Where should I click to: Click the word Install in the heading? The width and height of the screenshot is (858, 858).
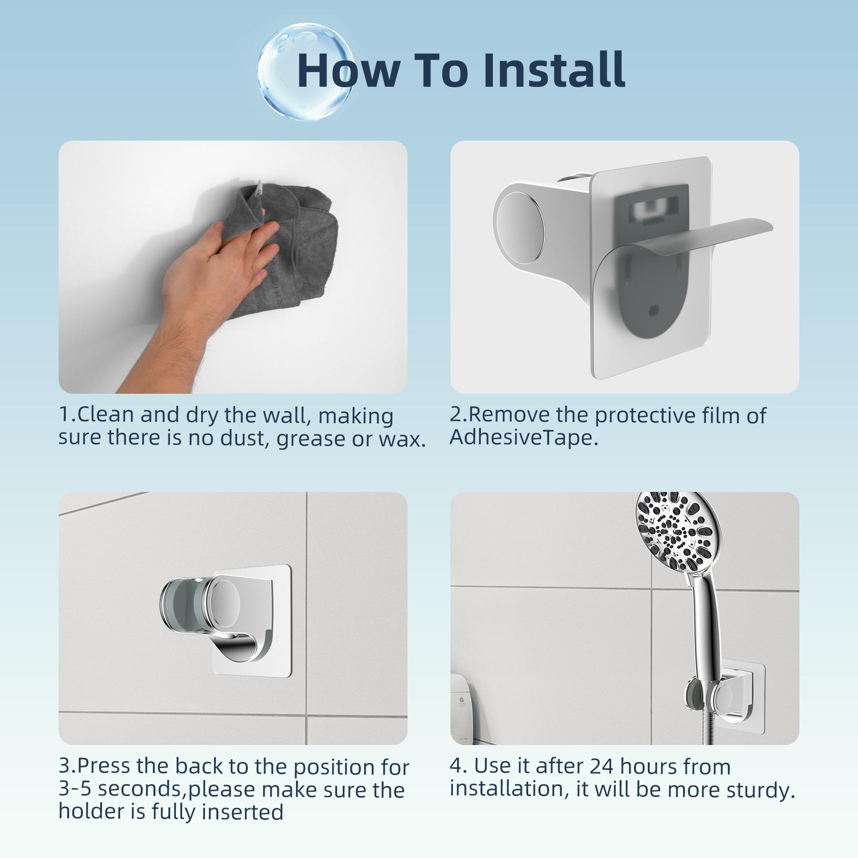coord(553,70)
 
